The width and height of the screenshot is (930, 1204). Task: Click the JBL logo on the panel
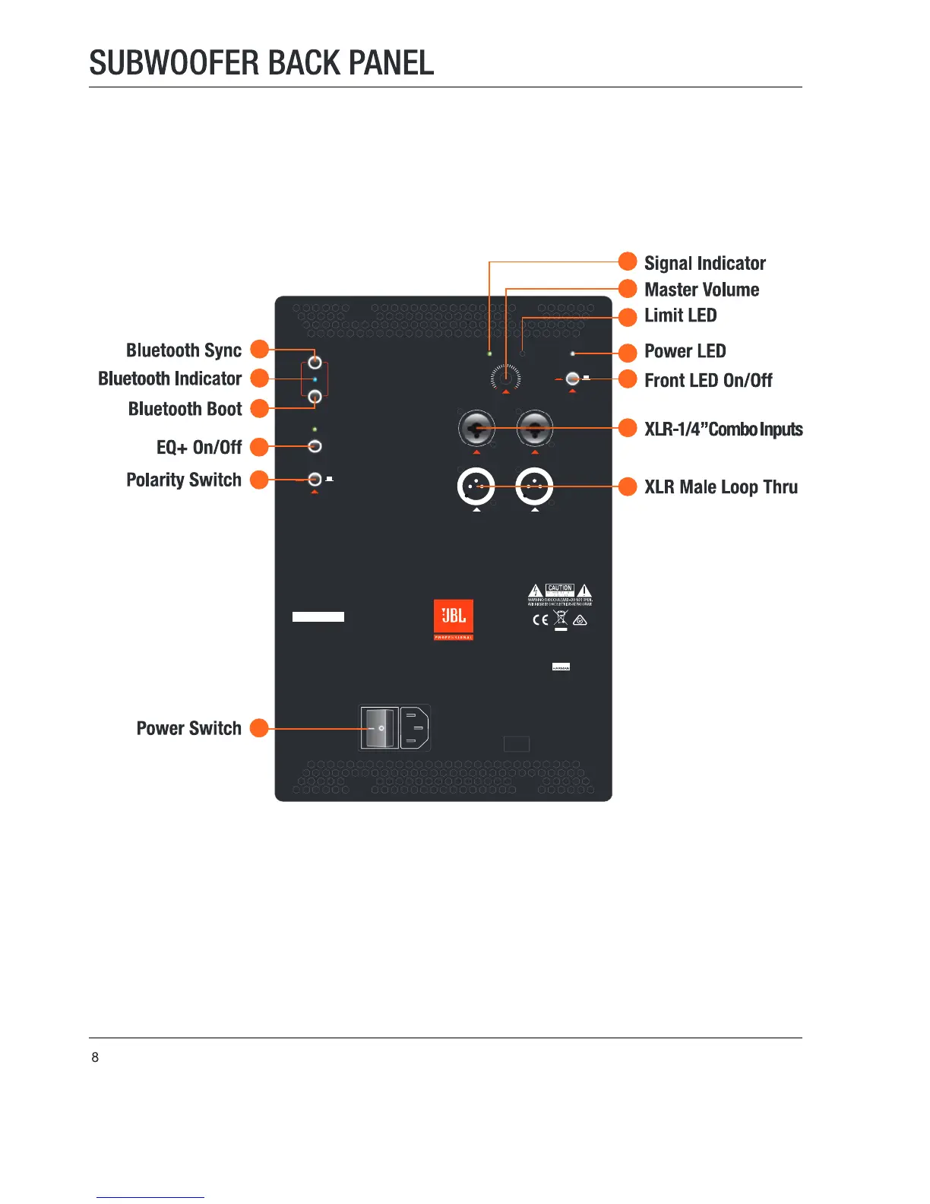pos(454,617)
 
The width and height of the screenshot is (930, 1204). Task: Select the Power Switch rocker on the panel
pos(379,728)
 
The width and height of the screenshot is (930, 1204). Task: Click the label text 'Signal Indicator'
pos(704,263)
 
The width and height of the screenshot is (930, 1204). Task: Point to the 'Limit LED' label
pos(680,315)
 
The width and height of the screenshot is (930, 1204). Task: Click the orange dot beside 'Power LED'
pos(628,353)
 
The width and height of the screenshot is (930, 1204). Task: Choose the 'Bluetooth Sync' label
pos(184,350)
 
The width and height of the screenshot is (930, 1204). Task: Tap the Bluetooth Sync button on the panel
pos(315,362)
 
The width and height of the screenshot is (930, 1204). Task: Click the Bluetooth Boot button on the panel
pos(315,395)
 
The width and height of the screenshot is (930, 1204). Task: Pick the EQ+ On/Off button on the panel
pos(315,446)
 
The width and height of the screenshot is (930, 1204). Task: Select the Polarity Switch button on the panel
pos(315,480)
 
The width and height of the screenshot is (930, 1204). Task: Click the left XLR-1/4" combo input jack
pos(476,429)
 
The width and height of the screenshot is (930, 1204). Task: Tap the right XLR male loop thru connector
pos(534,486)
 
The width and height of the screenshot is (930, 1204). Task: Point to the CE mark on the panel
pos(540,619)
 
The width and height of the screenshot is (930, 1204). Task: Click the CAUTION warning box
pos(560,589)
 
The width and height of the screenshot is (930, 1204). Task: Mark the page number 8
pos(95,1057)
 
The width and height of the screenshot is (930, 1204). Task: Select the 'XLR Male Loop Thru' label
pos(720,487)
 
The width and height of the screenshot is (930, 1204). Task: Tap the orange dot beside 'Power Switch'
pos(260,728)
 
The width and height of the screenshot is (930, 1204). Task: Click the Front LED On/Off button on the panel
pos(573,379)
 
